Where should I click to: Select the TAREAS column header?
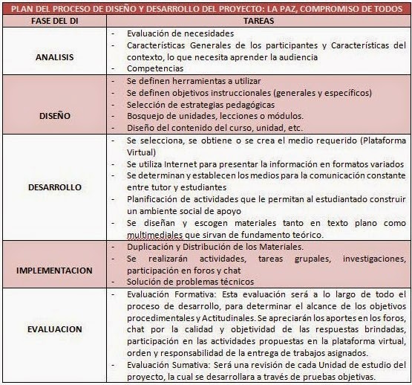pyautogui.click(x=258, y=21)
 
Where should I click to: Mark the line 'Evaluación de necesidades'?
pyautogui.click(x=175, y=33)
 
